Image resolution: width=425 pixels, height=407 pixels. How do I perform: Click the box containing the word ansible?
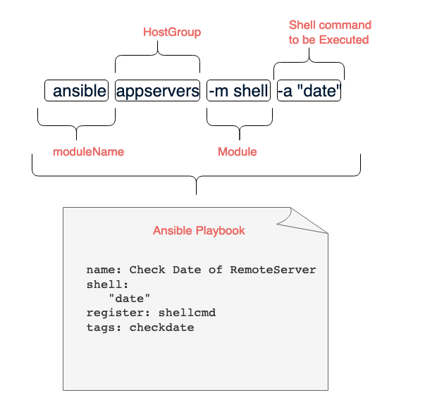click(x=77, y=91)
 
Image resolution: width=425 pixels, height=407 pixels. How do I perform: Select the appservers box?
click(x=158, y=91)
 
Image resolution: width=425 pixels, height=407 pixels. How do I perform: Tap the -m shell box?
click(x=238, y=91)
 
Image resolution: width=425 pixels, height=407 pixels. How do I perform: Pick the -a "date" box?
click(x=309, y=91)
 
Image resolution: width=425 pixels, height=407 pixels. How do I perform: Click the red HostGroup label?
click(x=171, y=32)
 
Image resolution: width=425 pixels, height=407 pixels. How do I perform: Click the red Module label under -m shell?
click(x=237, y=152)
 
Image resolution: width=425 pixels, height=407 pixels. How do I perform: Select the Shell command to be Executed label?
click(x=329, y=32)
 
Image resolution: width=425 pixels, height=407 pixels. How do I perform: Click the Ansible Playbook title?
click(x=199, y=231)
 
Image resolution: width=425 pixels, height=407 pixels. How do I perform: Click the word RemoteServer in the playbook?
click(x=273, y=270)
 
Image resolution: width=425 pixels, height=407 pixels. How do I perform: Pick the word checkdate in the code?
click(x=161, y=327)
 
